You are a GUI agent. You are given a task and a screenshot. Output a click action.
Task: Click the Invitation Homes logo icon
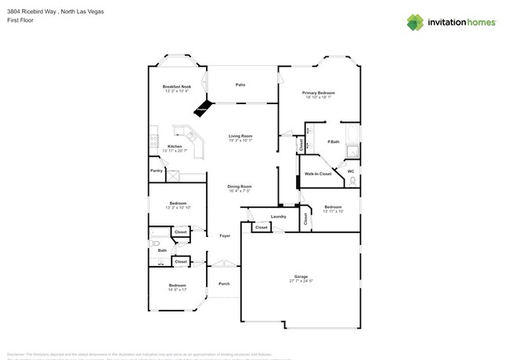[x=414, y=22]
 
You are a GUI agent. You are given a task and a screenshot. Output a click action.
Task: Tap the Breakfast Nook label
[x=176, y=86]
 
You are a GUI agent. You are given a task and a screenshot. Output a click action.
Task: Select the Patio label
[x=240, y=85]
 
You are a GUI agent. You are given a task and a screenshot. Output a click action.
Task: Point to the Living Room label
[x=240, y=136]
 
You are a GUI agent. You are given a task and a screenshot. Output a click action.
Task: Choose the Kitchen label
[x=175, y=146]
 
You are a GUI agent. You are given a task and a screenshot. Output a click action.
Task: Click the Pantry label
[x=156, y=171]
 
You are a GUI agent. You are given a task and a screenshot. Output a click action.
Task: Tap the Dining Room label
[x=239, y=185]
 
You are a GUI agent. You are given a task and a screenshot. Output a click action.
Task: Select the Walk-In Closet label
[x=318, y=174]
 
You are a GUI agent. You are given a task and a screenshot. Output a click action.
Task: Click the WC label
[x=351, y=171]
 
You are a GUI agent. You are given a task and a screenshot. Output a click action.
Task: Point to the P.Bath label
[x=333, y=142]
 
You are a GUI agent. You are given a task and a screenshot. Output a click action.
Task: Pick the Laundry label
[x=277, y=216]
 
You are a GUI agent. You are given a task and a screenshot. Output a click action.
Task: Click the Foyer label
[x=224, y=235]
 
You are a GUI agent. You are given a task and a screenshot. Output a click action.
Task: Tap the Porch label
[x=224, y=283]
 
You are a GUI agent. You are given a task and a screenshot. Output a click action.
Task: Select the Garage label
[x=301, y=276]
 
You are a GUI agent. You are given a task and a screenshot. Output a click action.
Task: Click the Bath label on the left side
[x=161, y=250]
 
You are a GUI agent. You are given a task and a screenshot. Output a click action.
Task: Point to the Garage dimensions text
[x=301, y=281]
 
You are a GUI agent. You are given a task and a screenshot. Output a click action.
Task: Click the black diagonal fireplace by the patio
[x=204, y=107]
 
